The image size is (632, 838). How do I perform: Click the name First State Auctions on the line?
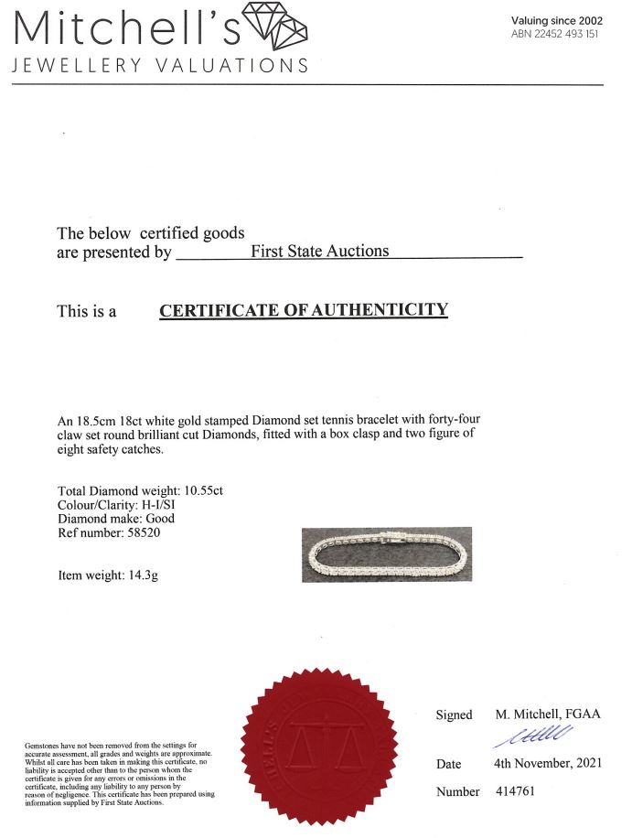(x=319, y=251)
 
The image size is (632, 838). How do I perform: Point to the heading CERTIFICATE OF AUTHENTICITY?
(x=304, y=310)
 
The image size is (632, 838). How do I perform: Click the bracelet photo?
(x=387, y=554)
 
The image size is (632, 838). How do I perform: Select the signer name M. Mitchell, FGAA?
(x=548, y=714)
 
